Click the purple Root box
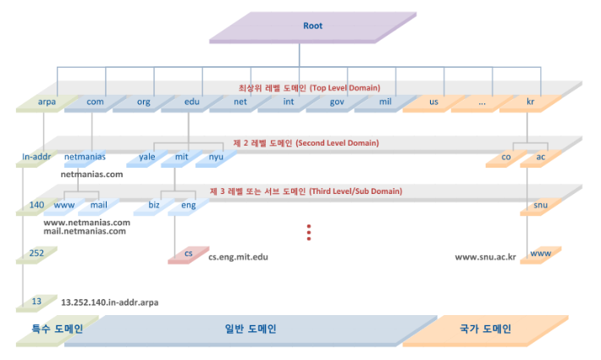click(312, 26)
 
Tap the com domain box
click(95, 102)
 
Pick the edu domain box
click(191, 102)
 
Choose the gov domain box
click(336, 102)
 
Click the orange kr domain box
click(529, 102)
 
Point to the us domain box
click(433, 102)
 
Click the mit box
click(180, 158)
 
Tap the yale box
click(147, 158)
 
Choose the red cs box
click(187, 254)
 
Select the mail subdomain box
click(98, 206)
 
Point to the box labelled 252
click(36, 254)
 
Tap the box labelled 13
click(36, 301)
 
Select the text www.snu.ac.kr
click(485, 256)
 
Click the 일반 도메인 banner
click(250, 330)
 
